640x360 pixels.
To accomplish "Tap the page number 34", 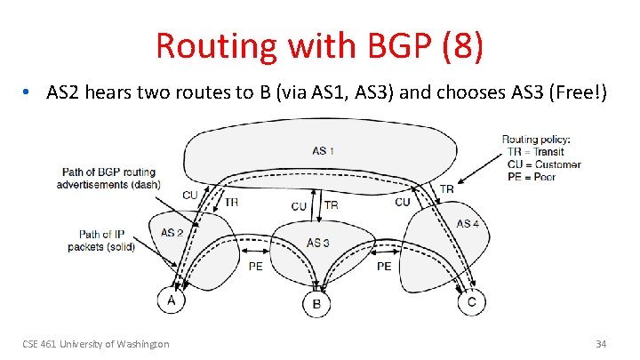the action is tap(601, 344).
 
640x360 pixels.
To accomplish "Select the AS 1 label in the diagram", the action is tap(324, 150).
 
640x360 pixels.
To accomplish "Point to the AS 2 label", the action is tap(172, 233).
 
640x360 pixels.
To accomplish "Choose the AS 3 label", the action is tap(318, 243).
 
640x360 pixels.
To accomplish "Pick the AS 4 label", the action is tap(468, 223).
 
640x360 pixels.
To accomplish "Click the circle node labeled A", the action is tap(171, 300).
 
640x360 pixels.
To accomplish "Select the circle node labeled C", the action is tap(470, 303).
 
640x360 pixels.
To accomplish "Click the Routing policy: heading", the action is tap(536, 140).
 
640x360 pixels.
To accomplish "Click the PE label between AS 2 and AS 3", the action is tap(255, 267).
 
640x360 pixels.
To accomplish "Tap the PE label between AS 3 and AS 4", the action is tap(384, 266).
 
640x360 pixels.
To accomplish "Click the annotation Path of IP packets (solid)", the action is tap(100, 240).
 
